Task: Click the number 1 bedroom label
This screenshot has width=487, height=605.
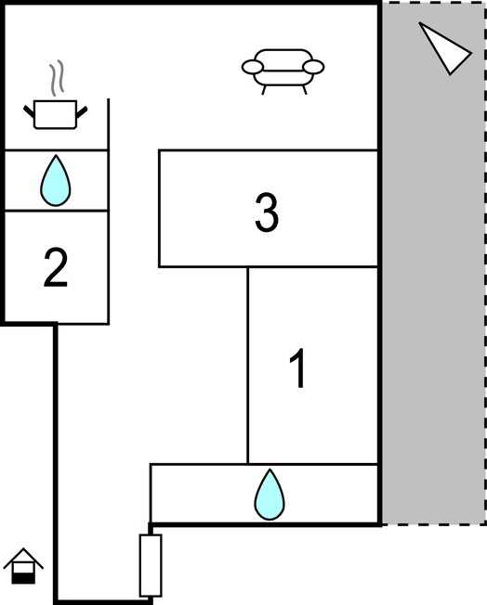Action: (298, 368)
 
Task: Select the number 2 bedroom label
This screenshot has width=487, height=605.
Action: (56, 268)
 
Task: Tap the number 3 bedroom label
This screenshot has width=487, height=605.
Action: (267, 212)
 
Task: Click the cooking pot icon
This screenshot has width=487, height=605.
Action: (55, 114)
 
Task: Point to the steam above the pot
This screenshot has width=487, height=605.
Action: (57, 78)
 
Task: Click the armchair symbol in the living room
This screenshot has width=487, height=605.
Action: (283, 71)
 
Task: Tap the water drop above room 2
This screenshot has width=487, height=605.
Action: (56, 181)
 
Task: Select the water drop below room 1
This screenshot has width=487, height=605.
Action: (270, 495)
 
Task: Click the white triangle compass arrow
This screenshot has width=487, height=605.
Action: (443, 48)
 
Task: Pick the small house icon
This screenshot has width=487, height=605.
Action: (23, 566)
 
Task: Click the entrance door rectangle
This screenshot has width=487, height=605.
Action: (151, 565)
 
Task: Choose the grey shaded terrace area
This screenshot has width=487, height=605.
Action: (434, 264)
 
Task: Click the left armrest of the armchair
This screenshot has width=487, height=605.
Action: (253, 67)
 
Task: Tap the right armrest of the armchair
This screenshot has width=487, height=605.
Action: (313, 67)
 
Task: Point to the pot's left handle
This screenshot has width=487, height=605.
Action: (29, 111)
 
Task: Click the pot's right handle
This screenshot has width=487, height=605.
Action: (82, 112)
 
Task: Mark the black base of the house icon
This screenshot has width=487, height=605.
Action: (23, 578)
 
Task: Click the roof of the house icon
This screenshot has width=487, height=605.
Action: (23, 558)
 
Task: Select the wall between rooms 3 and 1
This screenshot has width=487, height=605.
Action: (269, 266)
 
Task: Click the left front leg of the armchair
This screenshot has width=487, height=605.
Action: (264, 90)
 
